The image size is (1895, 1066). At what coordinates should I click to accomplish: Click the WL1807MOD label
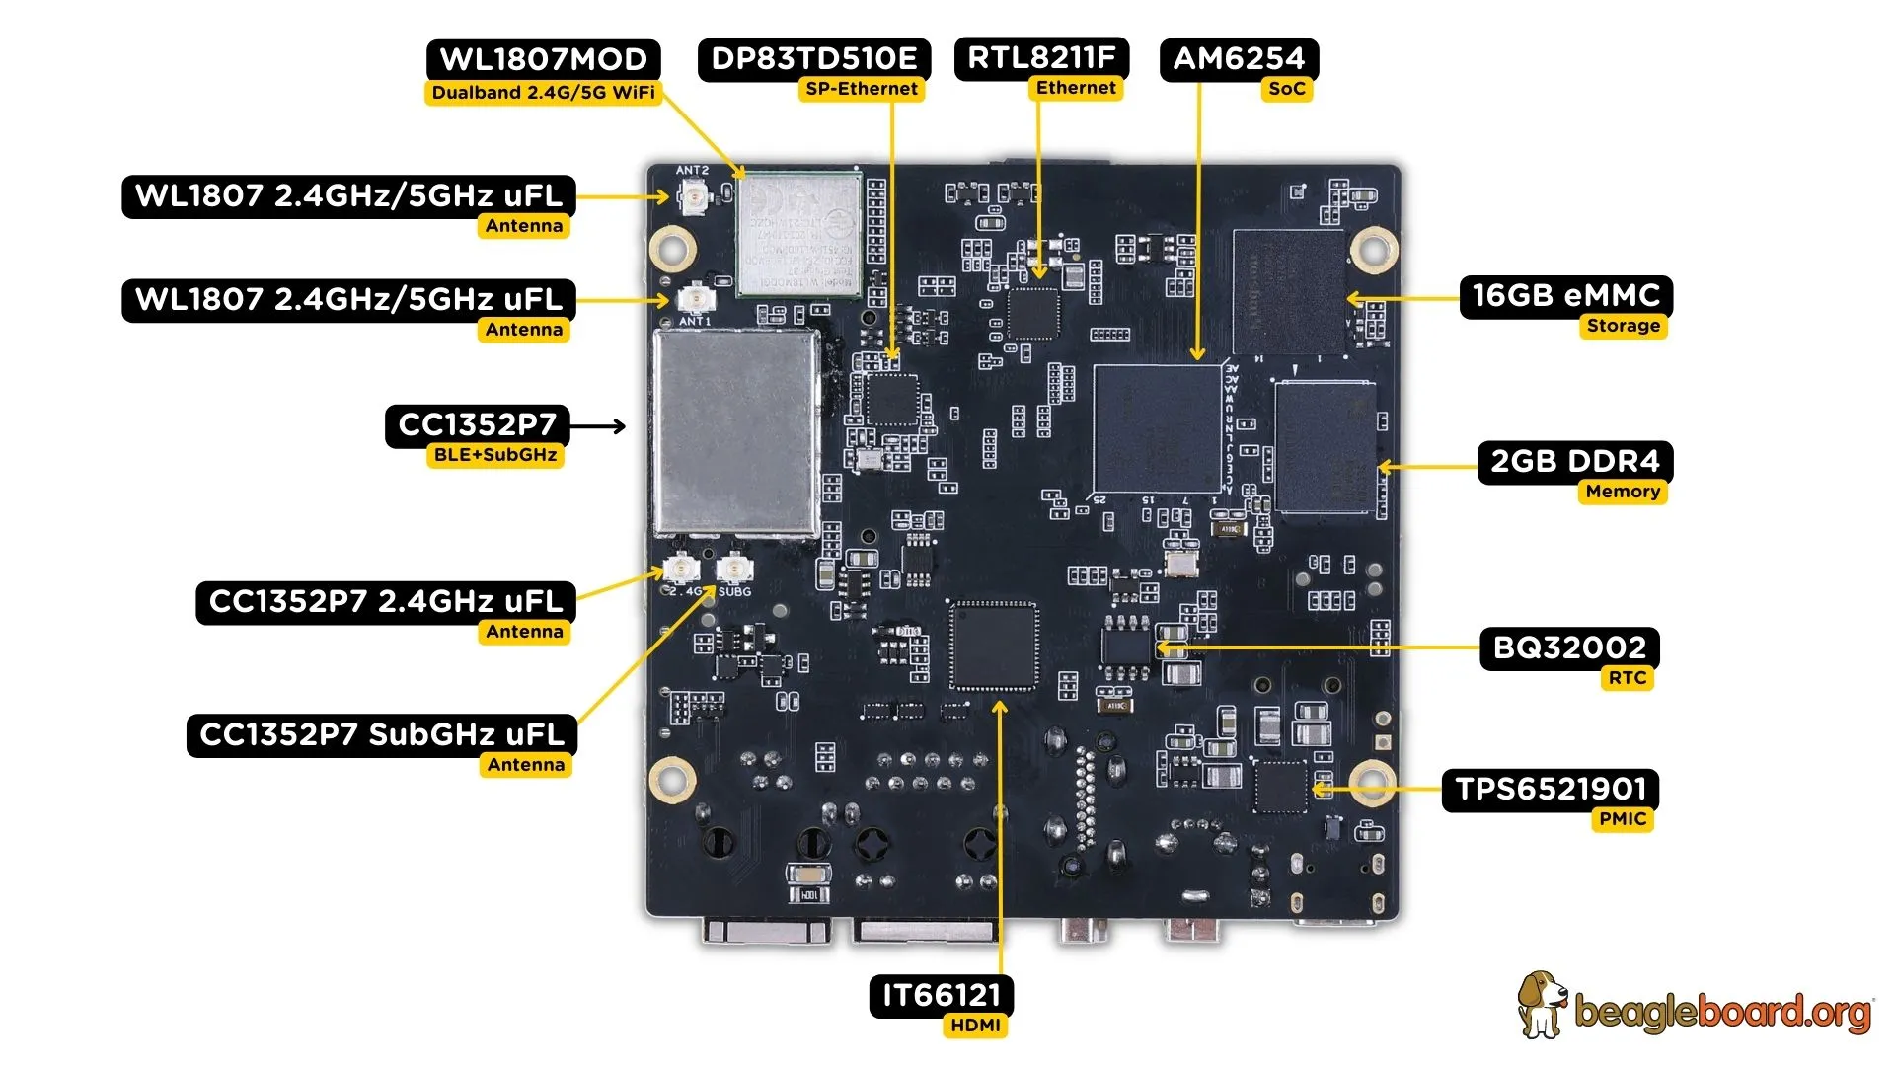click(x=543, y=59)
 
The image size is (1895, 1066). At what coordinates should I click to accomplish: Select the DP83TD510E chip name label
click(x=813, y=58)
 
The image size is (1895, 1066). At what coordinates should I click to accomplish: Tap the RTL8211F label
click(x=1041, y=57)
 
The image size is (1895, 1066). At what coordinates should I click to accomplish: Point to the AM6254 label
click(x=1239, y=58)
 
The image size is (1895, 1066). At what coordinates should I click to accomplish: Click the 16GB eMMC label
click(x=1565, y=295)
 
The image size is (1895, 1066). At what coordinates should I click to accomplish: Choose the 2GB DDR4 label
click(x=1574, y=461)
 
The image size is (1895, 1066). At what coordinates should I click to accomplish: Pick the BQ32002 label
click(x=1569, y=647)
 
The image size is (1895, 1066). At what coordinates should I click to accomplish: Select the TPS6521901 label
click(x=1551, y=789)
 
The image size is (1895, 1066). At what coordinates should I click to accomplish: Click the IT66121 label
click(x=941, y=995)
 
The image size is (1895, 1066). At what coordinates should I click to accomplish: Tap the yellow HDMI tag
click(x=975, y=1026)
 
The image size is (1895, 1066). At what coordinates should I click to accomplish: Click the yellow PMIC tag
click(x=1623, y=819)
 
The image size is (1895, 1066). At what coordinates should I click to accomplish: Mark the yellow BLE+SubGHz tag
click(x=495, y=455)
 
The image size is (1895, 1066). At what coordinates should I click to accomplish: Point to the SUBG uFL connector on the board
click(x=734, y=570)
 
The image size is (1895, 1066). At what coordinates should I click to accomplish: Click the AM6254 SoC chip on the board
click(x=1158, y=428)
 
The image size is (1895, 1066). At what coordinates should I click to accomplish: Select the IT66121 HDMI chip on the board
click(x=994, y=647)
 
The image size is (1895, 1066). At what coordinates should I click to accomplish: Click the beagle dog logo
click(x=1542, y=1005)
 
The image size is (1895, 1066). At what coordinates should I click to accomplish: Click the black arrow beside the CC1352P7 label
click(x=599, y=426)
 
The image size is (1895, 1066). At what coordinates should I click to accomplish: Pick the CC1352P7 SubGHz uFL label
click(x=381, y=735)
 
